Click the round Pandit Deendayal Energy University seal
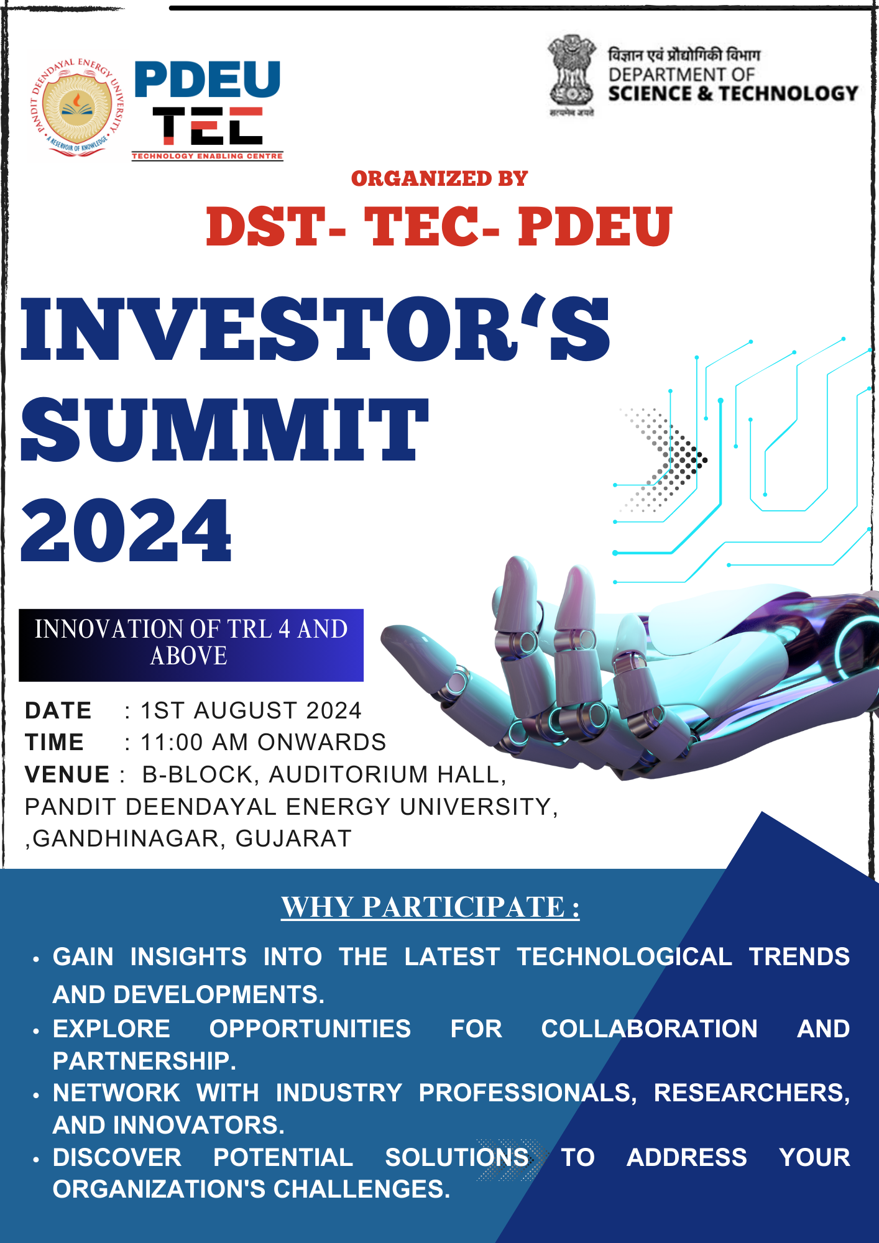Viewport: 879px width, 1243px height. [78, 107]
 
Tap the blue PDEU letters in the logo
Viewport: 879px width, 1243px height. [208, 80]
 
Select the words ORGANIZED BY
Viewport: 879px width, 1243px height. [439, 179]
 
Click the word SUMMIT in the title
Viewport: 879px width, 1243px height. [225, 430]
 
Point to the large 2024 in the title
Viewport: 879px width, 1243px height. [126, 531]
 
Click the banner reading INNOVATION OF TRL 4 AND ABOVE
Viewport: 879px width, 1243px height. [191, 645]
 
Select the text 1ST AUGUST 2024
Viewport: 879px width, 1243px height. [251, 710]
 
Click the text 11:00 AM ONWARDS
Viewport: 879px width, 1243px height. [264, 742]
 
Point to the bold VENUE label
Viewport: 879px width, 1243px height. [67, 774]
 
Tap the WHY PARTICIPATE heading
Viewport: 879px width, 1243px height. [430, 907]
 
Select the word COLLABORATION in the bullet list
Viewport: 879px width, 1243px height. [650, 1029]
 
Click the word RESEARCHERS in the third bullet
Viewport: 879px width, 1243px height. [752, 1093]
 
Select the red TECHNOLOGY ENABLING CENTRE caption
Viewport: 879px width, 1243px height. [207, 156]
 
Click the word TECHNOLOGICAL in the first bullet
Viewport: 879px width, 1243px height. [624, 956]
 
